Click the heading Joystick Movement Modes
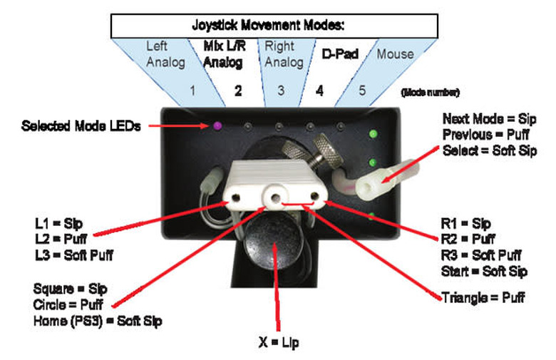coord(269,25)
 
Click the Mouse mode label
coord(394,53)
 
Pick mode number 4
coord(319,91)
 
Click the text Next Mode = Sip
coord(489,118)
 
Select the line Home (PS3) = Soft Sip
coord(98,321)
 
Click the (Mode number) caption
coord(431,92)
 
